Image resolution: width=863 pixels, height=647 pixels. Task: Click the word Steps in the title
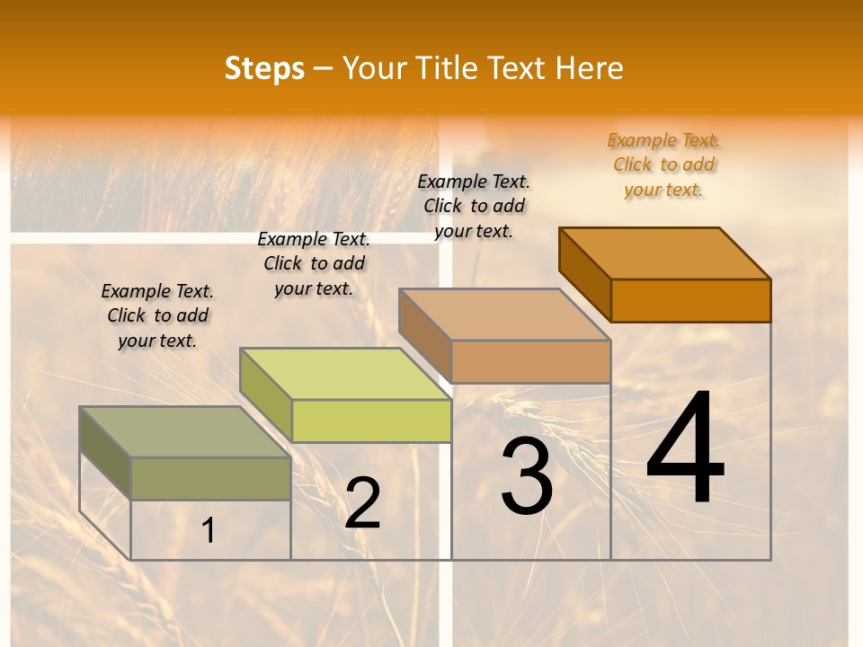click(264, 68)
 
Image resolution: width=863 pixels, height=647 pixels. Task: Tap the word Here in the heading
click(589, 68)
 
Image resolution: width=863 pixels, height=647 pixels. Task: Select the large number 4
click(685, 448)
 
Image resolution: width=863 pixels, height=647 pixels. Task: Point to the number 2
click(362, 503)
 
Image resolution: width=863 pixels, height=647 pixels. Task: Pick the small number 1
click(209, 531)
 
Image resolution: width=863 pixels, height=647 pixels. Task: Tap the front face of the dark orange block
click(690, 300)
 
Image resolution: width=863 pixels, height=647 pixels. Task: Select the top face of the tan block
click(505, 315)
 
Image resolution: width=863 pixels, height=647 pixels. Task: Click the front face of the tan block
click(530, 361)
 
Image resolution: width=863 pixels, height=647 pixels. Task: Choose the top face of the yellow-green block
click(345, 374)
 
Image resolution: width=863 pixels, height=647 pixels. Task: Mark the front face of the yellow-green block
click(371, 421)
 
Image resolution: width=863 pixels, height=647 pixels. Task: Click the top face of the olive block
click(185, 432)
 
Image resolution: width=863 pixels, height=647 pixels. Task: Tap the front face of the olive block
click(210, 478)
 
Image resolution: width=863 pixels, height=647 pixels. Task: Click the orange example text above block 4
click(663, 164)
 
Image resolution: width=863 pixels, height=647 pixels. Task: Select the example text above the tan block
click(474, 206)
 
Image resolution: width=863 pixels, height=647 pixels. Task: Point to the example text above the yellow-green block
click(314, 263)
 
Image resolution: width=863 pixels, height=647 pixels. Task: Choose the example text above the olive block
click(157, 315)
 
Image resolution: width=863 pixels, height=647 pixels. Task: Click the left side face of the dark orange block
click(584, 274)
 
